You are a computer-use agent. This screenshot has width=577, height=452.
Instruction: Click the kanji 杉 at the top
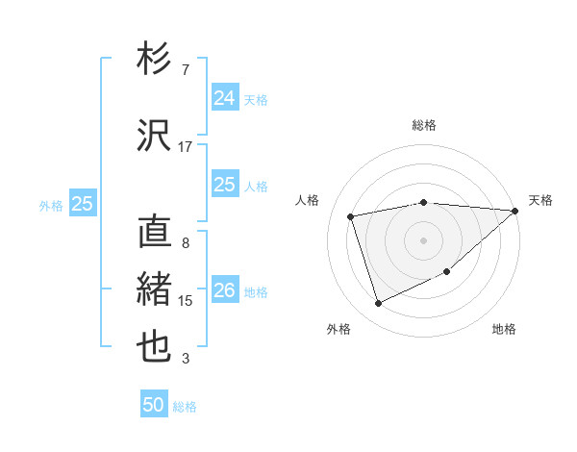[x=155, y=60]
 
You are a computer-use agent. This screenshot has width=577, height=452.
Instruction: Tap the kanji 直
[x=155, y=233]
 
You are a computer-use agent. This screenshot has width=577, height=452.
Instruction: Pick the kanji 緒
[x=155, y=289]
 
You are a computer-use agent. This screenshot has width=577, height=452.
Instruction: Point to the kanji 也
[x=155, y=344]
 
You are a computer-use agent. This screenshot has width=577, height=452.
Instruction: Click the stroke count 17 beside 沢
[x=186, y=146]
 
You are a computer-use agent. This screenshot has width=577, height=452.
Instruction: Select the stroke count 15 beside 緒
[x=186, y=301]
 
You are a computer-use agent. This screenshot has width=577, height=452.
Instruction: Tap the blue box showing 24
[x=225, y=97]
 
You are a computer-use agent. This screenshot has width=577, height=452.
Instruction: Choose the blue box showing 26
[x=225, y=289]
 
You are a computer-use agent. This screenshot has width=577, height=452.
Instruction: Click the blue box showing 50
[x=154, y=405]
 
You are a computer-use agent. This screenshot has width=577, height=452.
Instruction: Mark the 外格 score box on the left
[x=83, y=203]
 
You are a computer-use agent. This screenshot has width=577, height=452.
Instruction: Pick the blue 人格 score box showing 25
[x=225, y=184]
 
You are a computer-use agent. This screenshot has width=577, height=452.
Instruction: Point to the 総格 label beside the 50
[x=185, y=407]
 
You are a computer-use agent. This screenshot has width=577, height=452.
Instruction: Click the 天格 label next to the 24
[x=256, y=99]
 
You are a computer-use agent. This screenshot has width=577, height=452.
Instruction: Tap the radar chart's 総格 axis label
[x=423, y=125]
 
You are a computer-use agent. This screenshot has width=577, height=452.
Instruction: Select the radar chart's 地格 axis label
[x=504, y=330]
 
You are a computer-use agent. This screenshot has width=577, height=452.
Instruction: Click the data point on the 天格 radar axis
[x=515, y=211]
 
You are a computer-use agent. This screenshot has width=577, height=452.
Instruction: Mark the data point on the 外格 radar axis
[x=378, y=304]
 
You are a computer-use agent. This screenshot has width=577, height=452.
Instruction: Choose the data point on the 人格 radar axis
[x=351, y=216]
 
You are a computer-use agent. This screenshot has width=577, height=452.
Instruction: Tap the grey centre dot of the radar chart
[x=423, y=239]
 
